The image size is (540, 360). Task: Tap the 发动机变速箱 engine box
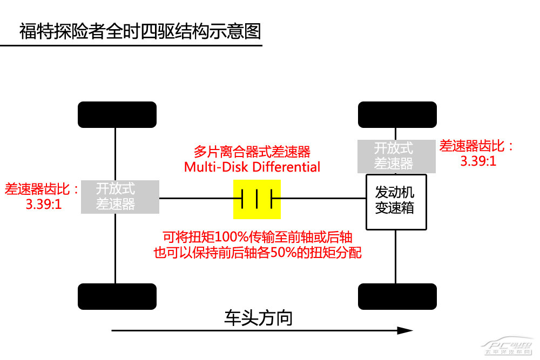(396, 201)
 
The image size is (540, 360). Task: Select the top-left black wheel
(117, 114)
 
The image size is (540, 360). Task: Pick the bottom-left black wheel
(117, 296)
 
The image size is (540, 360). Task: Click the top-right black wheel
(397, 114)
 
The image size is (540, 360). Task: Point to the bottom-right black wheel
(397, 296)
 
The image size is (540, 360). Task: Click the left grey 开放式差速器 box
(120, 196)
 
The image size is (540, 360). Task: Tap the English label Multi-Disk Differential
(252, 167)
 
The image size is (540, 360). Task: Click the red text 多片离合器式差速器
(252, 152)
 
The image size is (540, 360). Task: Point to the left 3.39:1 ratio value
(43, 205)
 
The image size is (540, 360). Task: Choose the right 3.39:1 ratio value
(478, 161)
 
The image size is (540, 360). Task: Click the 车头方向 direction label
(258, 318)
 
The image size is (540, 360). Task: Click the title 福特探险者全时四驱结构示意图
(140, 31)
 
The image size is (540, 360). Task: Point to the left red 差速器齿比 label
(42, 189)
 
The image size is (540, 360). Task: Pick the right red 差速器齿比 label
(477, 146)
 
